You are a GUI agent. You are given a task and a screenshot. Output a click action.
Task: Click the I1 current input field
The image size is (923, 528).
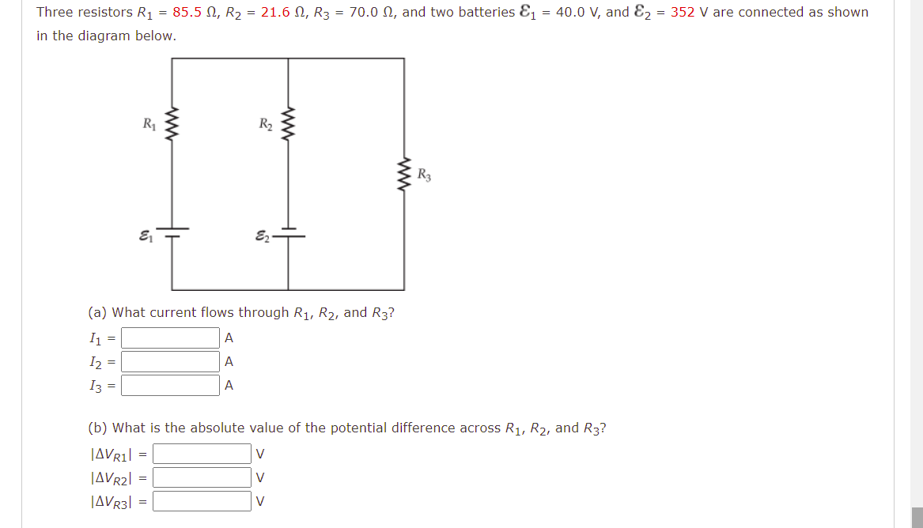point(170,338)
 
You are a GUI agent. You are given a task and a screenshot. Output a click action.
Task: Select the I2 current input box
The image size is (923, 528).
point(170,362)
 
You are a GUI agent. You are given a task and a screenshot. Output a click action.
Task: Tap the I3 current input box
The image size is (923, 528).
point(170,386)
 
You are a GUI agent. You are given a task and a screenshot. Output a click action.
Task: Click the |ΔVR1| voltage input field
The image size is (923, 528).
point(202,454)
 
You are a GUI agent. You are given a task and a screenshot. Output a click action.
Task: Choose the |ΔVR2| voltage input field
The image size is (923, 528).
point(202,477)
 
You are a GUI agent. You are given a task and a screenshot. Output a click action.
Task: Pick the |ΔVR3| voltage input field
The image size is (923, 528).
point(202,501)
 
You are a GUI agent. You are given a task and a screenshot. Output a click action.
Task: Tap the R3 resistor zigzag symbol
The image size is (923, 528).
point(404,179)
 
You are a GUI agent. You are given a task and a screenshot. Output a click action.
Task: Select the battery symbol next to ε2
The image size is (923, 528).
point(288,235)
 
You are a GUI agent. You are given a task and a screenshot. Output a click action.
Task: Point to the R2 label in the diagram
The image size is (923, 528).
point(266,123)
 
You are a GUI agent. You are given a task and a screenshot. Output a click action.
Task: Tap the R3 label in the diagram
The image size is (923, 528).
point(424,175)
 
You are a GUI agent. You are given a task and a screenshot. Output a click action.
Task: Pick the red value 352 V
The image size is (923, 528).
point(690,13)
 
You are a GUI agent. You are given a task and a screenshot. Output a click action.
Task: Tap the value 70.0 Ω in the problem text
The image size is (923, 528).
point(369,13)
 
